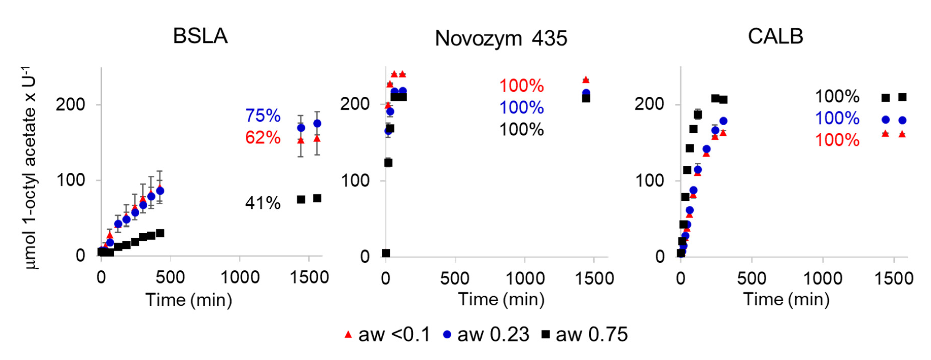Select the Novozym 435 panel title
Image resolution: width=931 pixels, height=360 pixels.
[501, 38]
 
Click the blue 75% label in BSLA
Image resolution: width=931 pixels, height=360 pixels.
[263, 116]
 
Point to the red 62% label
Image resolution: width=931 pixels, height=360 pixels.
[263, 138]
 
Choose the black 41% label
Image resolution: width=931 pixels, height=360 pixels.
[263, 203]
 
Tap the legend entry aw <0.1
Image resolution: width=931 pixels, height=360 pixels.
[387, 335]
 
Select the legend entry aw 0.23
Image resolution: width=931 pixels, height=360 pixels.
[486, 335]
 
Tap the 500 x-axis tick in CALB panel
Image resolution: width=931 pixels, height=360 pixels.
[751, 279]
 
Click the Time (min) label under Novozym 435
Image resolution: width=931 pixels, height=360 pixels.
[501, 300]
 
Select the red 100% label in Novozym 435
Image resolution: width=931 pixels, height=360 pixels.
[521, 86]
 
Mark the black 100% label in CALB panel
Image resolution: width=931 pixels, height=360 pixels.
[837, 96]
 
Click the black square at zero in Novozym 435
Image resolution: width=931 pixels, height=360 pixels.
[386, 253]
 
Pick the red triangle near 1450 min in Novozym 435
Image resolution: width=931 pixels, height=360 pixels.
[586, 79]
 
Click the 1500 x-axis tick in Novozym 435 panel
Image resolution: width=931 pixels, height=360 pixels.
[594, 279]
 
